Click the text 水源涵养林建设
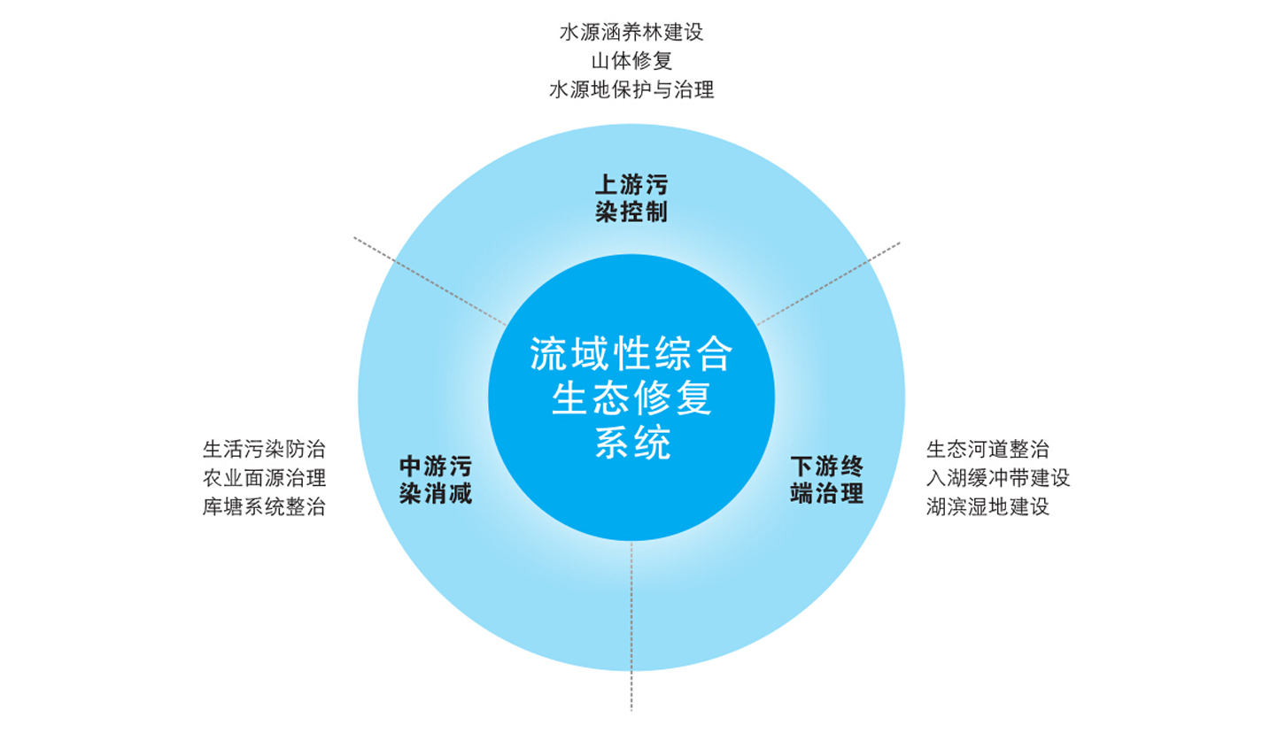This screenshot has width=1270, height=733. (631, 33)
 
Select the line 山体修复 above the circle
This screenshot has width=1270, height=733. (631, 61)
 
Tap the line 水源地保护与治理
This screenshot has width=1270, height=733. (631, 89)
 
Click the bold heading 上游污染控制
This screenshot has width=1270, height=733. (631, 198)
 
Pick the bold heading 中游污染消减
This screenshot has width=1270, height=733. (436, 480)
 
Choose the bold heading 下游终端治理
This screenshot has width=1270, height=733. (826, 480)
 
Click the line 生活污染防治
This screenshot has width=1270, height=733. (264, 450)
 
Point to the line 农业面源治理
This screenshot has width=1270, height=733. (264, 478)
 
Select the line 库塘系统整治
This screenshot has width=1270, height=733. (264, 506)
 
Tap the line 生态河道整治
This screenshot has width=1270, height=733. (987, 450)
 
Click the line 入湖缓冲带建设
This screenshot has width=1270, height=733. (998, 478)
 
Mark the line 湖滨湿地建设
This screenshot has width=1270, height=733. (987, 506)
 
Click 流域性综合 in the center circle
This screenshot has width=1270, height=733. (631, 354)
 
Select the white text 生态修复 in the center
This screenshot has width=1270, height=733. (631, 398)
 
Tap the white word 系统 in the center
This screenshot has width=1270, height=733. (631, 442)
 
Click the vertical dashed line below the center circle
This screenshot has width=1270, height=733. (631, 626)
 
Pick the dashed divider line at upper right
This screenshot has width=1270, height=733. (829, 283)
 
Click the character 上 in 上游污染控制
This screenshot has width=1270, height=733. (605, 185)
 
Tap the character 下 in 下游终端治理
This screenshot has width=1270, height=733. (801, 467)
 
